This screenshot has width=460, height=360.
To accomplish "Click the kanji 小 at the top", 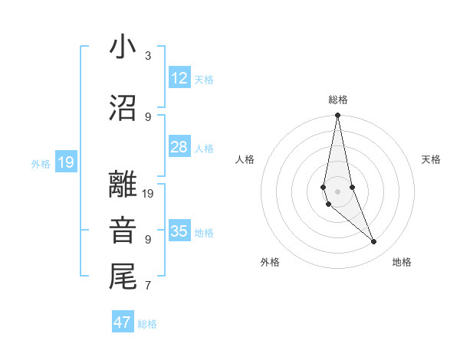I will pyautogui.click(x=123, y=47).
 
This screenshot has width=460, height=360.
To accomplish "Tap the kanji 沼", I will pyautogui.click(x=123, y=109).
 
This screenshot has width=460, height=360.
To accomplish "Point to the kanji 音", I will pyautogui.click(x=123, y=230).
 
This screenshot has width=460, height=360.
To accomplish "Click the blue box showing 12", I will pyautogui.click(x=179, y=78).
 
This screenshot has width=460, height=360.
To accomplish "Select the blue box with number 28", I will pyautogui.click(x=179, y=147).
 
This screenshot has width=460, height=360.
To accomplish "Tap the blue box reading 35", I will pyautogui.click(x=179, y=231).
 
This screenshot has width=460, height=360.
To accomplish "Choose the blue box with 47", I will pyautogui.click(x=123, y=322).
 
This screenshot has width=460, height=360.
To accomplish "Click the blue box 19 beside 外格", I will pyautogui.click(x=65, y=162).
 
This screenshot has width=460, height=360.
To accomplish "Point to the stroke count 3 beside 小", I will pyautogui.click(x=148, y=56).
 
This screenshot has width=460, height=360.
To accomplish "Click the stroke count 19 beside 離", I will pyautogui.click(x=149, y=194).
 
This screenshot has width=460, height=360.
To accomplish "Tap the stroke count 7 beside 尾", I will pyautogui.click(x=148, y=286).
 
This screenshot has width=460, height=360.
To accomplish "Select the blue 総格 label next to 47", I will pyautogui.click(x=147, y=324).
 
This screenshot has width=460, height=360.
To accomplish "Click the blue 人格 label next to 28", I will pyautogui.click(x=203, y=148).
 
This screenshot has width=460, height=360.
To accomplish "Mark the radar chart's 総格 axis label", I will pyautogui.click(x=337, y=100).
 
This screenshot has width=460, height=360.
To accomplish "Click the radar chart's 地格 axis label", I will pyautogui.click(x=402, y=262).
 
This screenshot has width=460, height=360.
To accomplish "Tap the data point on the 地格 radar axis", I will pyautogui.click(x=374, y=242).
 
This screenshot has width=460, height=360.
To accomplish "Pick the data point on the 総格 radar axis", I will pyautogui.click(x=337, y=115).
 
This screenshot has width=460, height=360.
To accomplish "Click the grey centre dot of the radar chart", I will pyautogui.click(x=337, y=191).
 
